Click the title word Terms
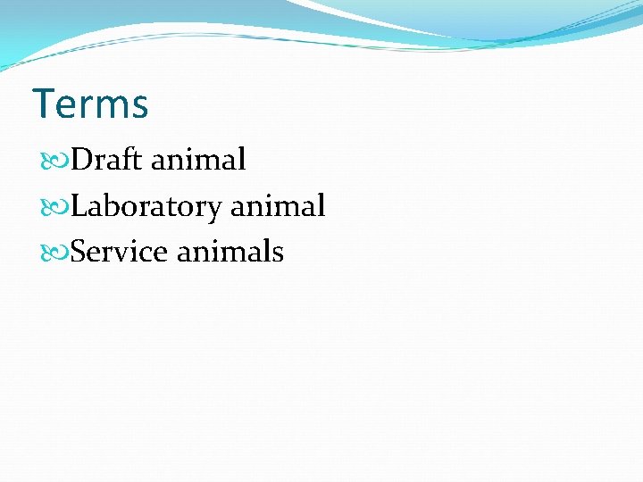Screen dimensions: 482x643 pos(90,104)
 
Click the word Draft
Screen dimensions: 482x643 pos(107,161)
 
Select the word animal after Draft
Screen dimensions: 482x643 pos(198,161)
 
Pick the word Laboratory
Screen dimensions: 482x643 pos(146,207)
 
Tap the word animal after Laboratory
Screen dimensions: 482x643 pos(278,207)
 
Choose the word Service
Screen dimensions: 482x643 pos(119,253)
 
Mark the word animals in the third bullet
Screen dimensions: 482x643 pos(230,253)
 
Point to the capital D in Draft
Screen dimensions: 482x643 pos(80,161)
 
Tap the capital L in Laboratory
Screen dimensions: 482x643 pos(79,207)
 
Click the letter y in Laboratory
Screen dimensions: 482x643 pos(214,211)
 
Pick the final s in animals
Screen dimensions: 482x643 pos(278,254)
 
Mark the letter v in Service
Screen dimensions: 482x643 pos(128,254)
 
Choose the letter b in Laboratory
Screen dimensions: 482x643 pos(106,206)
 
